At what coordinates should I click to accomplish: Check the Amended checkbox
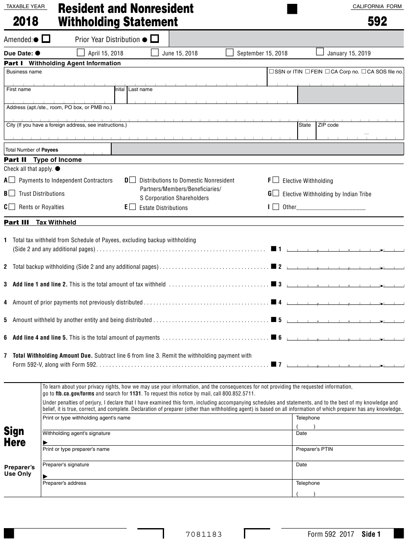tap(46, 39)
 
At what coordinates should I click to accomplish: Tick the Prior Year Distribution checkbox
tap(155, 39)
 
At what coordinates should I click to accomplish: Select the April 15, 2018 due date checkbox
tap(81, 53)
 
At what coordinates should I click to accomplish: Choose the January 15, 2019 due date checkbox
tap(320, 52)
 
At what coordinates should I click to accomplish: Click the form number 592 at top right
tap(377, 21)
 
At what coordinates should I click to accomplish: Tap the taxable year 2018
tap(25, 21)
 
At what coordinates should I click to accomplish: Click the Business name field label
tap(24, 72)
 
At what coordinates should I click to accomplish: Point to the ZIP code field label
tap(328, 125)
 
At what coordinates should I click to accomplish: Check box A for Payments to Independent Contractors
tap(12, 180)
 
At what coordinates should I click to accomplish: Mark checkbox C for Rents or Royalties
tap(12, 207)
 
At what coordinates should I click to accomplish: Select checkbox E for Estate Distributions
tap(132, 207)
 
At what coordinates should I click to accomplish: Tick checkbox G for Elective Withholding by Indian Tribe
tap(276, 194)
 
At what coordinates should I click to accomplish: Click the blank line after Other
tap(331, 207)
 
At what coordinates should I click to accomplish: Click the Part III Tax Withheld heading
tap(40, 222)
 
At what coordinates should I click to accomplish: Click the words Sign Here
tap(15, 437)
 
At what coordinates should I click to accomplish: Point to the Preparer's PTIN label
tap(314, 449)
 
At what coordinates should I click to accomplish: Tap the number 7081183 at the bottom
tap(204, 534)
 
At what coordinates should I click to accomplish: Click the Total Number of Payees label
tap(31, 150)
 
